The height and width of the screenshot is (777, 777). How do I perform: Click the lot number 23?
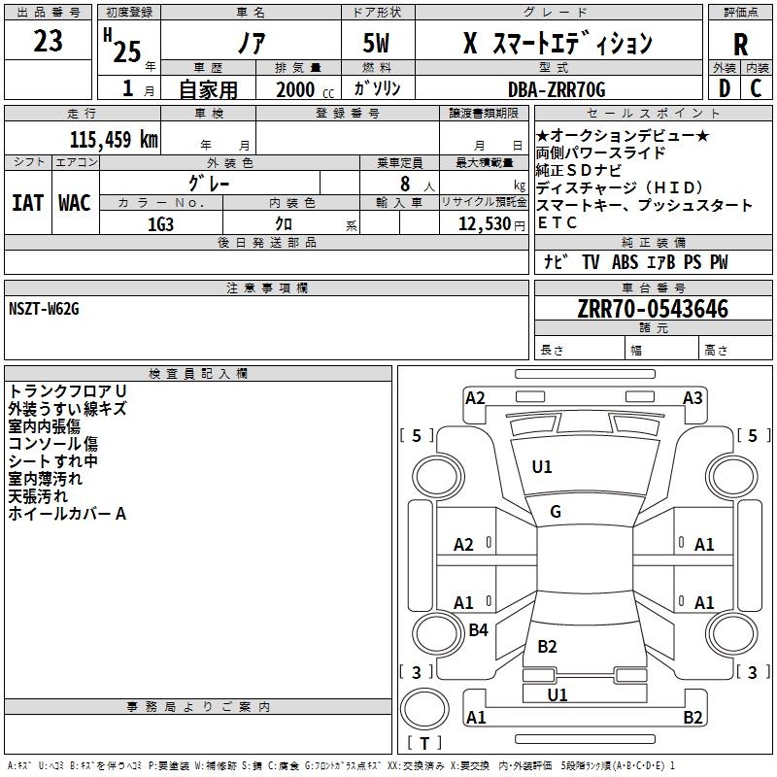48,41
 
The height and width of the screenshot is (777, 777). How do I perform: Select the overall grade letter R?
740,45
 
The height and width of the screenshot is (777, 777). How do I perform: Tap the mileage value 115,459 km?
114,140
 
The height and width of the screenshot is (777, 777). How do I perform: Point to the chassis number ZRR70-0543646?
653,309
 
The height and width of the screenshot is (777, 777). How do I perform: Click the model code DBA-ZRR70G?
557,89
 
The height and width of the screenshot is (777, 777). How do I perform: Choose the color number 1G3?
160,224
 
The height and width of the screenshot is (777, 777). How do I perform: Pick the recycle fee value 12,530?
485,224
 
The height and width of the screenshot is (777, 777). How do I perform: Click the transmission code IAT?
27,203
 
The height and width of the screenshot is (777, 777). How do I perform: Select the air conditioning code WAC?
75,203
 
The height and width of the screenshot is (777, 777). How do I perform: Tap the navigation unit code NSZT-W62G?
44,309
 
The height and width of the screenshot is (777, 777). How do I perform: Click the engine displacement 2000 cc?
305,90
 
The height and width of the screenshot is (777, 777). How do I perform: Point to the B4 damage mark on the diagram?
478,629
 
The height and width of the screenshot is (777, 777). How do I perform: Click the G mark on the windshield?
556,512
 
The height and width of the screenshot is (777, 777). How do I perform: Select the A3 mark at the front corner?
693,398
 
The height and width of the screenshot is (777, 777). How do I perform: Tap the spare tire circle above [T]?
424,709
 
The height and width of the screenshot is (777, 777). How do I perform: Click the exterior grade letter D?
725,88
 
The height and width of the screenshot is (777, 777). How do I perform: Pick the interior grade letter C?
757,88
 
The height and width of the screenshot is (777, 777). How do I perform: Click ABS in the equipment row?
625,262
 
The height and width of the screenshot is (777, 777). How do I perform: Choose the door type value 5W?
376,43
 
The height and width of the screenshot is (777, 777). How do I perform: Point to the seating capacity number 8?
405,184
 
